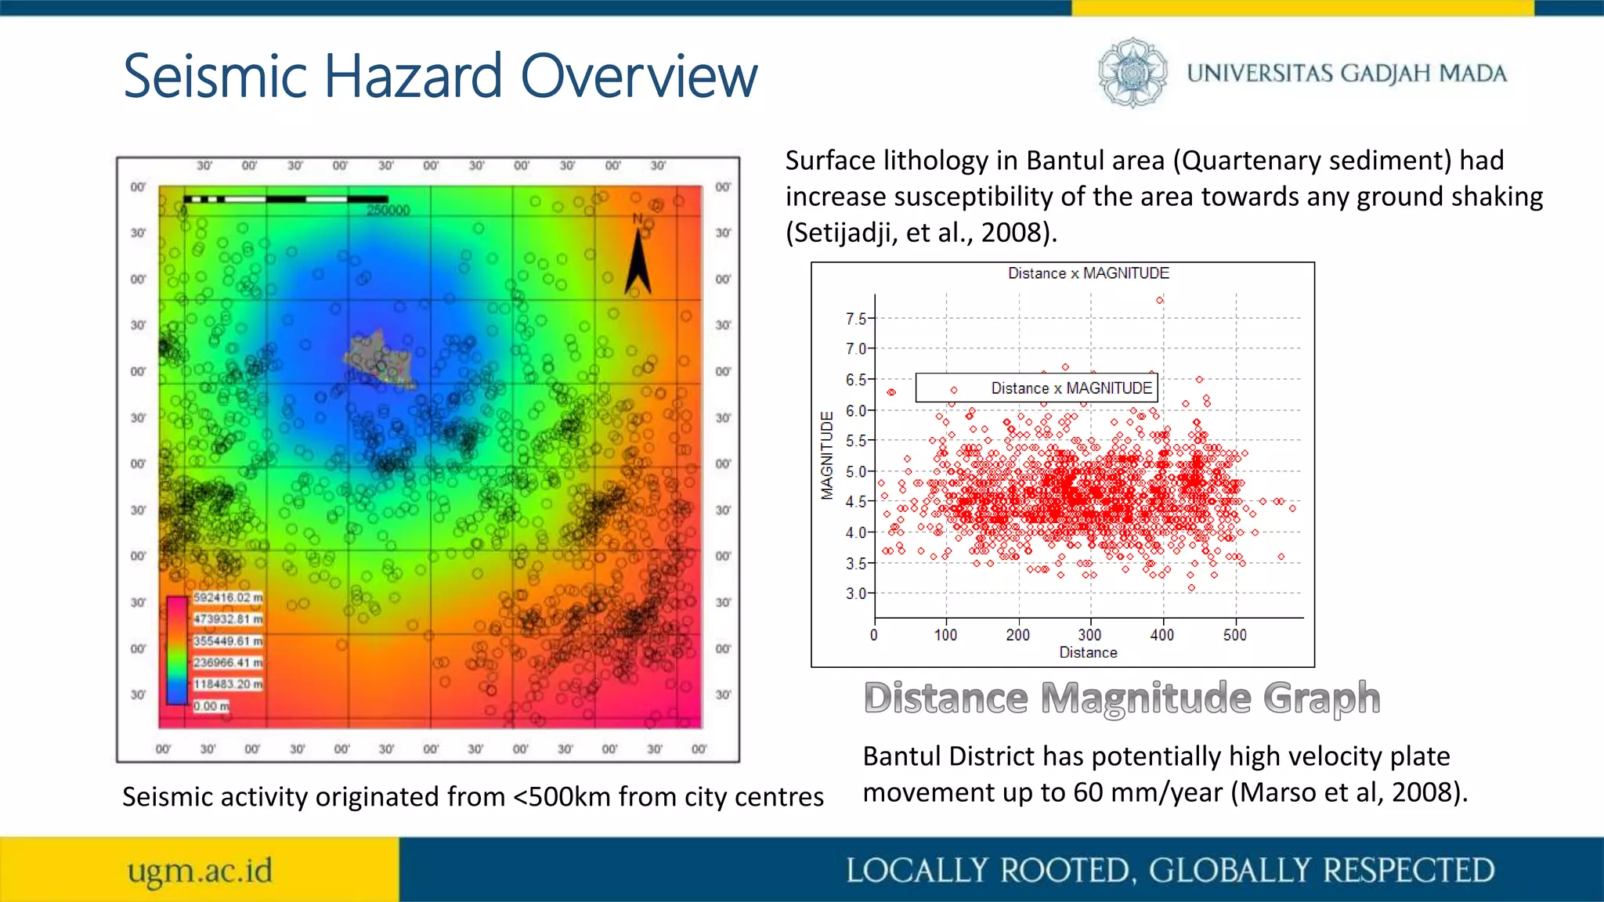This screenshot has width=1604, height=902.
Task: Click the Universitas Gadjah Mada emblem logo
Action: coord(1132,72)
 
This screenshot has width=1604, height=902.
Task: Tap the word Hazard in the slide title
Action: coord(413,76)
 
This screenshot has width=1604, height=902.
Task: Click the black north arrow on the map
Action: coord(638,262)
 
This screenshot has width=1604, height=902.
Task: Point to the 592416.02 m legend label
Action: coord(228,597)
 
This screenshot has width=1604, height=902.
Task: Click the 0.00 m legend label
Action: coord(211,706)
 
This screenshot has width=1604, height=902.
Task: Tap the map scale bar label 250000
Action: coord(388,211)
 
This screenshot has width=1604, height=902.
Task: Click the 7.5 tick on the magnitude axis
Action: coord(856,319)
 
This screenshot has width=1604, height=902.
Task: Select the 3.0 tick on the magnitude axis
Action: coord(856,594)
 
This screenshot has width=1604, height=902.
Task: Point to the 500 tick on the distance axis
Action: coord(1235,635)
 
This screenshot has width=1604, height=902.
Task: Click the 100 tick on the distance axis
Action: coord(945,635)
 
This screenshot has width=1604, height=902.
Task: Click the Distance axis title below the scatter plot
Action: coord(1088,653)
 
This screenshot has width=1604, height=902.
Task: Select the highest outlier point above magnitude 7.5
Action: coord(1160,300)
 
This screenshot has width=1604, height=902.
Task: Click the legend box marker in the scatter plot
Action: coord(953,390)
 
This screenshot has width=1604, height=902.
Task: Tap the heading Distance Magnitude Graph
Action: coord(1122,698)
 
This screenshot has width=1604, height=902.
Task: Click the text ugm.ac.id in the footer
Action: coord(200,871)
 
